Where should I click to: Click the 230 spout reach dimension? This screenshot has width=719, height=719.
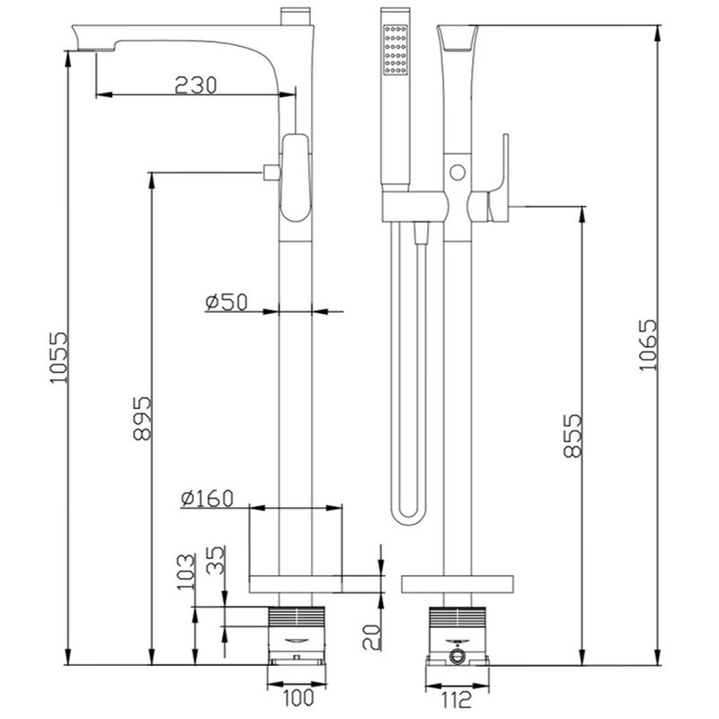click(195, 85)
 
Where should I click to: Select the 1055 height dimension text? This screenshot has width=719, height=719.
click(59, 358)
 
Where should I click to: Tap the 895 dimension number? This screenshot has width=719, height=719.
click(142, 418)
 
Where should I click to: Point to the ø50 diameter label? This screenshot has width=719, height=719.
click(226, 302)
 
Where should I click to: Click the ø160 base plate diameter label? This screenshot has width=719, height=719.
click(208, 499)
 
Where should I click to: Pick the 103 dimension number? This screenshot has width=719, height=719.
click(186, 573)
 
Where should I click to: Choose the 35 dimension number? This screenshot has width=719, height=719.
click(216, 559)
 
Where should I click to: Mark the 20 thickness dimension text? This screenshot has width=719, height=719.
click(371, 637)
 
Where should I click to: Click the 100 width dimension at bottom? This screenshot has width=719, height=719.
click(298, 698)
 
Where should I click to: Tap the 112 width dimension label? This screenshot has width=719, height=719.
click(457, 700)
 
